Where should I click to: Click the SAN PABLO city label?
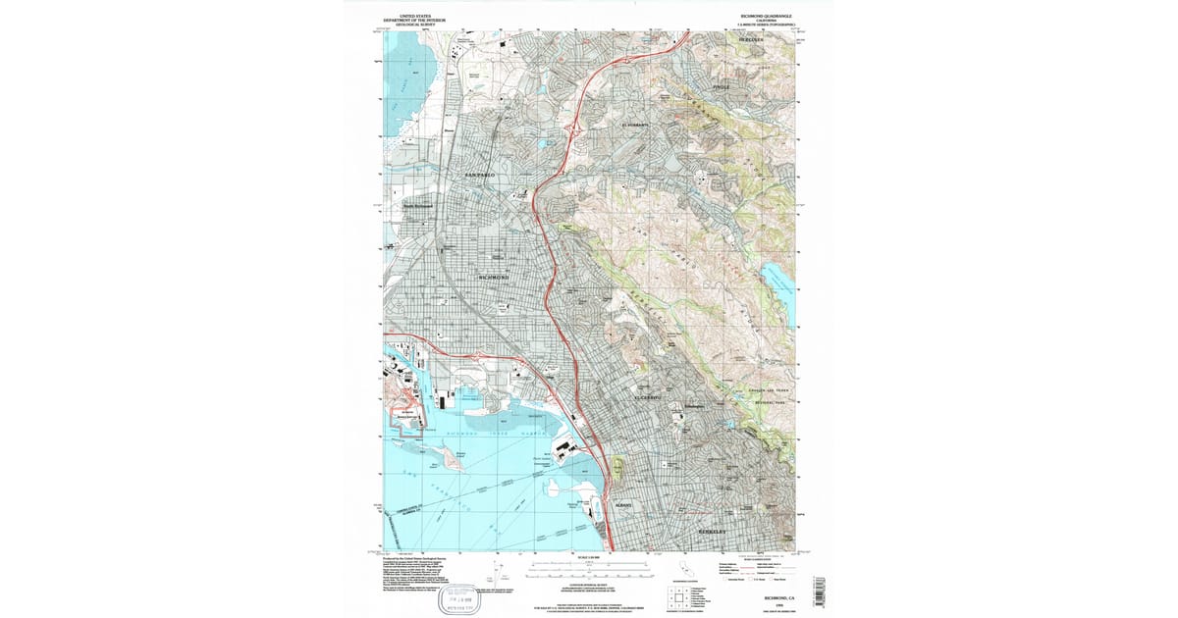[481, 175]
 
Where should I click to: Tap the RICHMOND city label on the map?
[495, 278]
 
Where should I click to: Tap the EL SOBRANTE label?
[637, 126]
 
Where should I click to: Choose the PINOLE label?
[722, 88]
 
